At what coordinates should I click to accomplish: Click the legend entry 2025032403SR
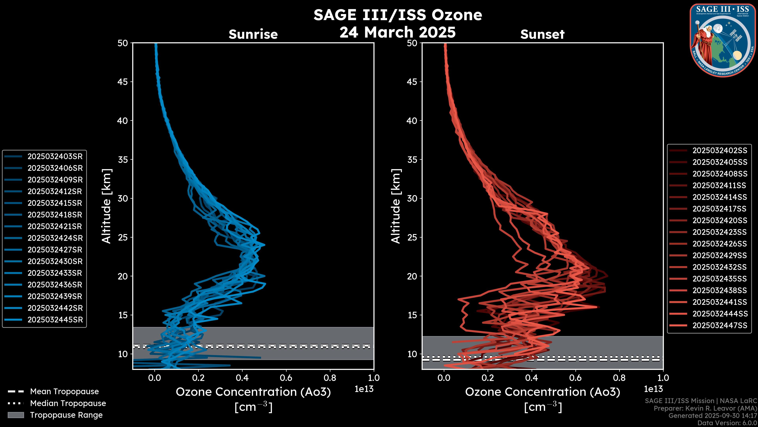[x=55, y=157]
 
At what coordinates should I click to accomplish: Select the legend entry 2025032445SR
[x=55, y=320]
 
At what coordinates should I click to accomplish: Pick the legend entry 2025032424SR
[x=55, y=238]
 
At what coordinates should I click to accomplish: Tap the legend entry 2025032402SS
[x=720, y=151]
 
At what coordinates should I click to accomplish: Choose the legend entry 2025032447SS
[x=720, y=325]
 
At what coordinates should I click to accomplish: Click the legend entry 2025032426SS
[x=720, y=244]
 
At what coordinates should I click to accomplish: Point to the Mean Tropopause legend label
[x=64, y=392]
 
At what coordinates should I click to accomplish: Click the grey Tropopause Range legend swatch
[x=16, y=415]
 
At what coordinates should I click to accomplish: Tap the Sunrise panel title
[x=253, y=34]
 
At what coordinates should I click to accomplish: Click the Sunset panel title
[x=542, y=34]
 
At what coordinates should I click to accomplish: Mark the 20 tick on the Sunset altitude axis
[x=412, y=276]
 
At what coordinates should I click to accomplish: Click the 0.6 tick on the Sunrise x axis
[x=286, y=378]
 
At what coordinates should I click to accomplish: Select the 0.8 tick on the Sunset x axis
[x=619, y=378]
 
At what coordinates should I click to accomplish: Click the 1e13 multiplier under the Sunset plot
[x=653, y=389]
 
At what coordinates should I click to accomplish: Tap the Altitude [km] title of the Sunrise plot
[x=107, y=206]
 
